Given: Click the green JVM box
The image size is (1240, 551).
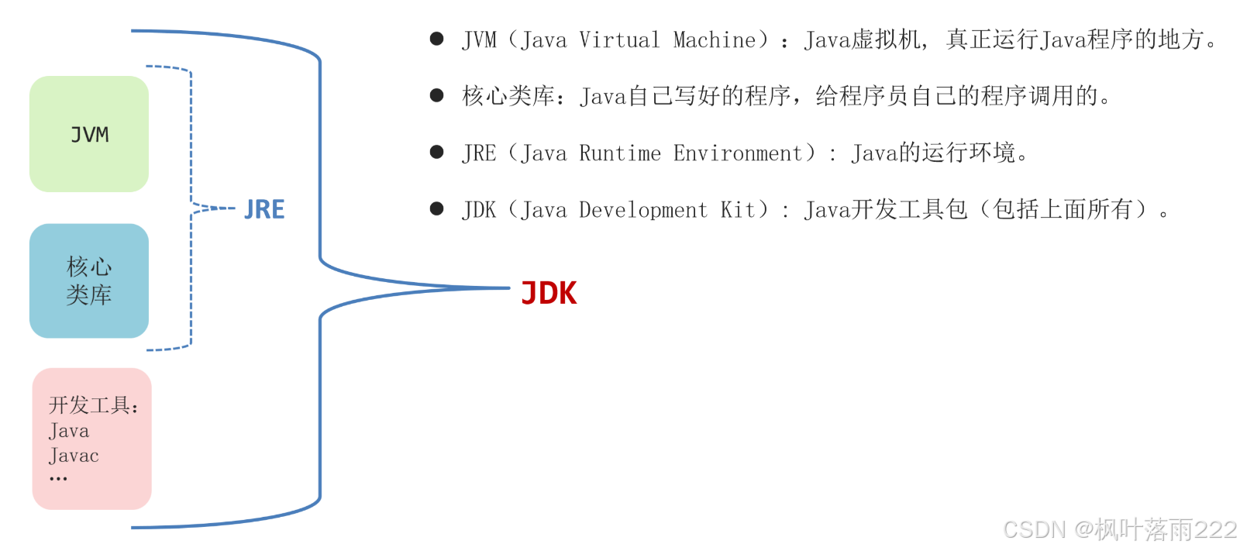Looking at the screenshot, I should click(89, 134).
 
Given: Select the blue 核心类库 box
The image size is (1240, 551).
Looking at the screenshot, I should click(89, 281).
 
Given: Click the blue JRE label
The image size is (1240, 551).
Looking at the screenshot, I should click(264, 209).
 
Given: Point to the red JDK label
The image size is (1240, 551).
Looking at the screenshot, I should click(549, 294).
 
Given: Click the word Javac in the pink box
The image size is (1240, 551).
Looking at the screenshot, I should click(74, 456).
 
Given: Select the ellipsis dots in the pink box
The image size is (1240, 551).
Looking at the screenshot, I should click(58, 479).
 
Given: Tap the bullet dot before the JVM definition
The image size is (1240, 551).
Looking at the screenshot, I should click(436, 39).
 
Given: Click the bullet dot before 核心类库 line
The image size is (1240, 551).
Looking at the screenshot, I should click(436, 95).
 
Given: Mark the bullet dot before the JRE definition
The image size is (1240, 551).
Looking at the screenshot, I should click(436, 152).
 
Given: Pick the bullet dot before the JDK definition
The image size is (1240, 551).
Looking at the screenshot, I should click(436, 208).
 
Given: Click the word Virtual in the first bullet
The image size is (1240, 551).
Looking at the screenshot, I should click(619, 40).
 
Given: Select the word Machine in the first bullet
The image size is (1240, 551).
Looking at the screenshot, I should click(714, 40).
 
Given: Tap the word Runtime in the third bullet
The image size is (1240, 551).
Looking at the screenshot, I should click(619, 153).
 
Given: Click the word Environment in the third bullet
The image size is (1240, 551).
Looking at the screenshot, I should click(737, 153).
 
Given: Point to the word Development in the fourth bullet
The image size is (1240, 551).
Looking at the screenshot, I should click(642, 210).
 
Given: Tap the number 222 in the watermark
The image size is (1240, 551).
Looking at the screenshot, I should click(1215, 529).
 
